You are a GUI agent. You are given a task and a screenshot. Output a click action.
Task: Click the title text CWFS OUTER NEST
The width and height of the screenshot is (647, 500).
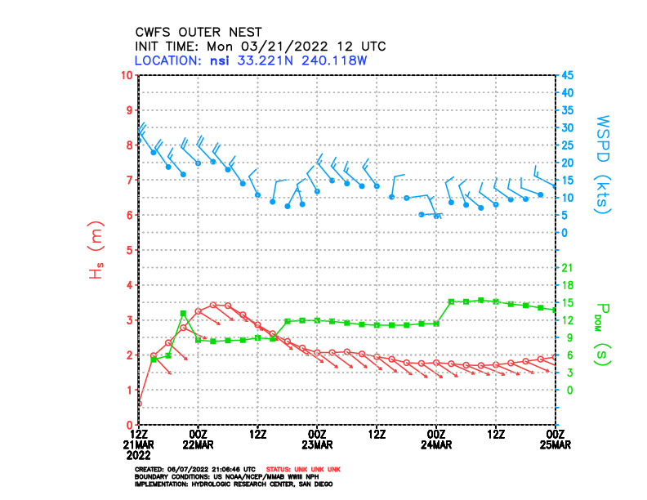(x=199, y=33)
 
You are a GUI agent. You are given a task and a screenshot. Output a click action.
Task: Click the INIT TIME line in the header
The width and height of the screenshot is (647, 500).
(x=260, y=47)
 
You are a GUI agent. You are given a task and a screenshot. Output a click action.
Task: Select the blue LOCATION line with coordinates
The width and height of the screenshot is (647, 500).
(x=255, y=60)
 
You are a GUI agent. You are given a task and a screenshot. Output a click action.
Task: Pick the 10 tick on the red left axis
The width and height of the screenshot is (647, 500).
(x=127, y=75)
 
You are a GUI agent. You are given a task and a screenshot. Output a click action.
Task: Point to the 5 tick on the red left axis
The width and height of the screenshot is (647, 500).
(x=130, y=250)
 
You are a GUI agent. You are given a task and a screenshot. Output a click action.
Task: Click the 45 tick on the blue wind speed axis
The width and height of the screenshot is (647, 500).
(x=566, y=75)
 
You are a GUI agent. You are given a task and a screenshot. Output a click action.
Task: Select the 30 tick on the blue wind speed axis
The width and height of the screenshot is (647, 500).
(x=566, y=128)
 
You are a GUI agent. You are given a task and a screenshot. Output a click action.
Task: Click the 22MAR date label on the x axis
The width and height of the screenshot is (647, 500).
(x=199, y=444)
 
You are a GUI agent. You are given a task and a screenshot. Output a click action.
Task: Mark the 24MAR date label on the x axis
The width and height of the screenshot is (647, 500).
(x=436, y=444)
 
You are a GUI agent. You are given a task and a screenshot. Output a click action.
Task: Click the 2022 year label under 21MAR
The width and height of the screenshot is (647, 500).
(x=140, y=454)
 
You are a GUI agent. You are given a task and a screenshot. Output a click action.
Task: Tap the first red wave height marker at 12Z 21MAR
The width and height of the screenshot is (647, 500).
(x=140, y=403)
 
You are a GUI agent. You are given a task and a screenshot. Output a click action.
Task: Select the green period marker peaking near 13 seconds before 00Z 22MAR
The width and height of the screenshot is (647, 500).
(x=184, y=314)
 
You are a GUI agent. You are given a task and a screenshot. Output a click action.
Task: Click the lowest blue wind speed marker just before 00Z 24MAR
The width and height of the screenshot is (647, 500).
(x=422, y=214)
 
